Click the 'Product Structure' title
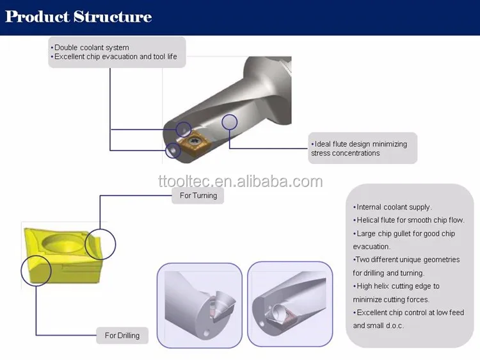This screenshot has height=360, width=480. (78, 17)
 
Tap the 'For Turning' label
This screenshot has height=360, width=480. (198, 195)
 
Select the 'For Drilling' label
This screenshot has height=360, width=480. (122, 335)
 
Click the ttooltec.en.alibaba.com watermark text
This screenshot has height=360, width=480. (240, 181)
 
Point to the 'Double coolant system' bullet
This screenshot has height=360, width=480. (91, 47)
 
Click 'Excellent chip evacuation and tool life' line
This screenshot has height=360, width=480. (117, 57)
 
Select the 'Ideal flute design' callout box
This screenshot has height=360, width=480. (362, 149)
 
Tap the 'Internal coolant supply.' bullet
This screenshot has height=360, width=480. (393, 207)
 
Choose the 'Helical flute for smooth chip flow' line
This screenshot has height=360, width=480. (410, 220)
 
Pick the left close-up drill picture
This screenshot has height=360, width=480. (199, 305)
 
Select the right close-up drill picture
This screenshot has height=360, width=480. (290, 305)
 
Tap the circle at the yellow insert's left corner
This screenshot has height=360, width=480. (36, 270)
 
